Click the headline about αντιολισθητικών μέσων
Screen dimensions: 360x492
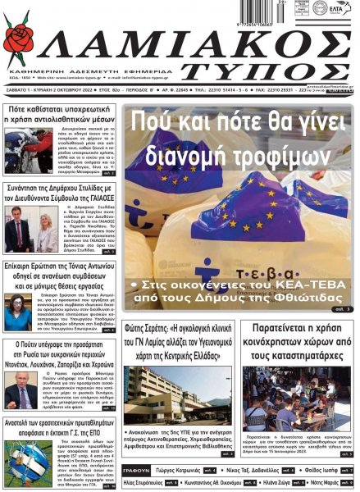(x=59, y=115)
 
